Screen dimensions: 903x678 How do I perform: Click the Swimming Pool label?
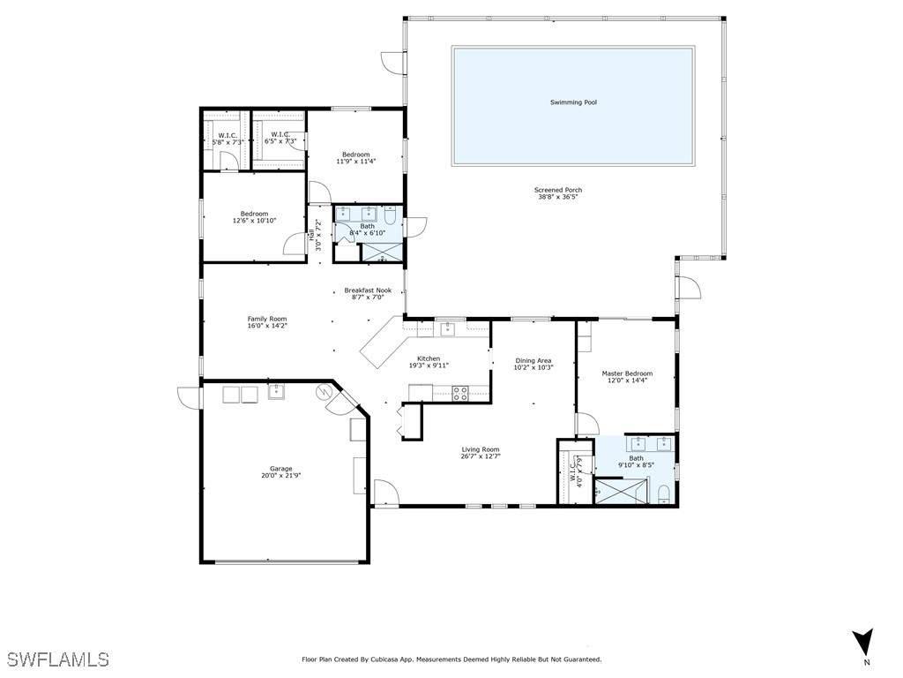click(573, 102)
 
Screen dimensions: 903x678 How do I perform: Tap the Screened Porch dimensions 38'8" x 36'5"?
click(557, 197)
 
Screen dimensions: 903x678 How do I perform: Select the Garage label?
click(281, 469)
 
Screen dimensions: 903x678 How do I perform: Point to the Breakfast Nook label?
click(368, 290)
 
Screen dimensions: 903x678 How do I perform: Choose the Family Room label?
click(267, 319)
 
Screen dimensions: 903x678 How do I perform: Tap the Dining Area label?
click(534, 361)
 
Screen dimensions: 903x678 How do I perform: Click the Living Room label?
click(481, 449)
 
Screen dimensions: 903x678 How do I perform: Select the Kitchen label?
click(429, 358)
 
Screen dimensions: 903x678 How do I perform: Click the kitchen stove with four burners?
click(459, 393)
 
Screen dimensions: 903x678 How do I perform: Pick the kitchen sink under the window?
click(448, 329)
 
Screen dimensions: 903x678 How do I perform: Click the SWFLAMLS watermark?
click(59, 659)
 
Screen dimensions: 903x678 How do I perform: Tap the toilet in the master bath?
click(664, 494)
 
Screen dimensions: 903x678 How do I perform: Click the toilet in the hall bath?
click(389, 215)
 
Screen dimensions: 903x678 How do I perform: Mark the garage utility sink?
click(276, 391)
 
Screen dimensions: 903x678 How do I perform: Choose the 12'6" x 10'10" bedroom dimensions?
click(255, 221)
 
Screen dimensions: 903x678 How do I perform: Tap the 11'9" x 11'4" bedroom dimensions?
click(356, 162)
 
